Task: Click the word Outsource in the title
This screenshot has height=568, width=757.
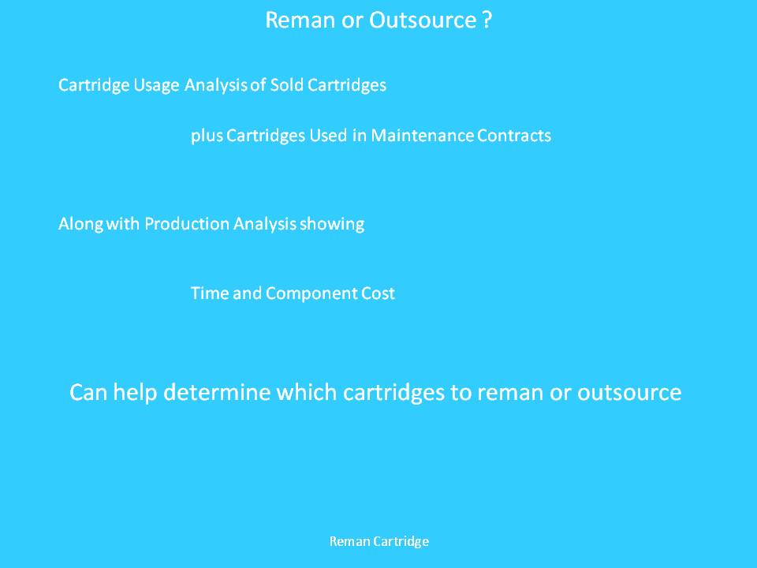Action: pyautogui.click(x=423, y=21)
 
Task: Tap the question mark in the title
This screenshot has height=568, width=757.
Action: pyautogui.click(x=487, y=21)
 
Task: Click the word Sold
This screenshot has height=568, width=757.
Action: pyautogui.click(x=286, y=85)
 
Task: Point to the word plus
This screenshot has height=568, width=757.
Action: pyautogui.click(x=207, y=136)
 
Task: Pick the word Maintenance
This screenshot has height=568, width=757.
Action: pyautogui.click(x=422, y=135)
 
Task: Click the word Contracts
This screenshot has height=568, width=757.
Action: pyautogui.click(x=513, y=135)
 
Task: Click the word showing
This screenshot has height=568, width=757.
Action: pyautogui.click(x=332, y=225)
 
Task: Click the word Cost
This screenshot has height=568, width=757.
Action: pyautogui.click(x=378, y=293)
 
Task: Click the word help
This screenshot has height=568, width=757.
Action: pyautogui.click(x=135, y=393)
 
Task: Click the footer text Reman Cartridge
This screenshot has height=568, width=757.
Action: pyautogui.click(x=379, y=541)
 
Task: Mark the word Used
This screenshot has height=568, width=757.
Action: pyautogui.click(x=328, y=135)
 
